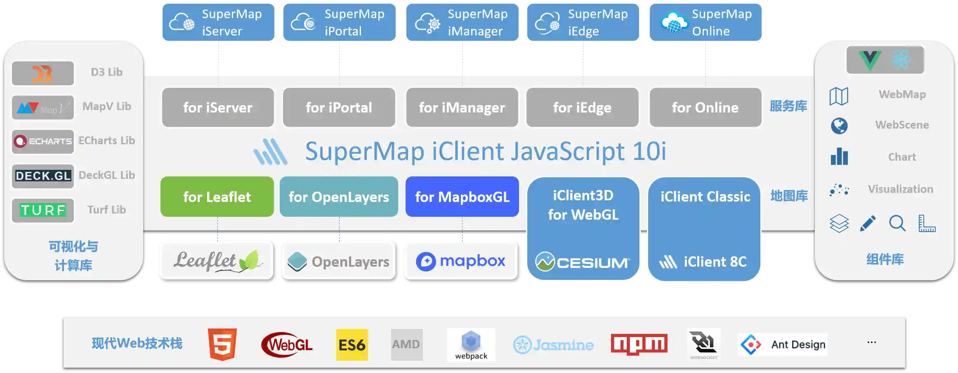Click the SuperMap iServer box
(218, 22)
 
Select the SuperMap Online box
(706, 22)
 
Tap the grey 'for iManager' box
(462, 108)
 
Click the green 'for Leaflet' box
(217, 197)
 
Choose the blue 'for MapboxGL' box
(462, 197)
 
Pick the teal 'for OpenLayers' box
(339, 197)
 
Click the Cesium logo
(583, 262)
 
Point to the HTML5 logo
(222, 344)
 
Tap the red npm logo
(639, 344)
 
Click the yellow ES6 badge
(352, 345)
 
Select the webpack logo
(471, 345)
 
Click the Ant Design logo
(783, 344)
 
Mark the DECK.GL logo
(43, 176)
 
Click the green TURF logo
(43, 210)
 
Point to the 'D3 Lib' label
(107, 72)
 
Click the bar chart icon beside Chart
(839, 157)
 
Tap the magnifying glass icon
(897, 223)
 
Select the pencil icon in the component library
(868, 223)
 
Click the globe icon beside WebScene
(839, 126)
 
